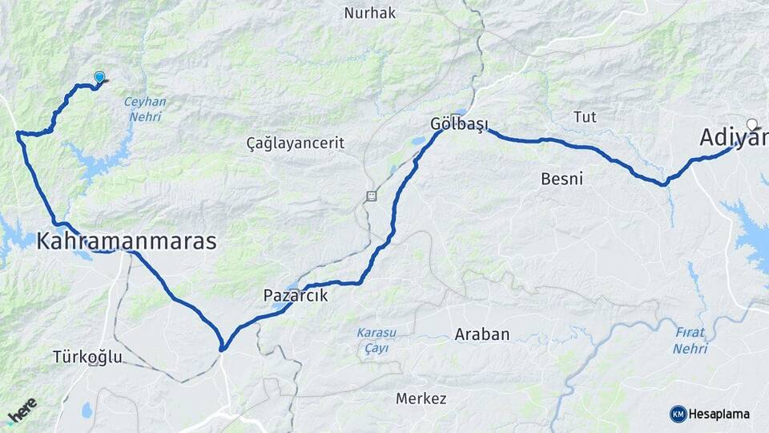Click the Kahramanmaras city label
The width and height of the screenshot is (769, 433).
[x=127, y=241]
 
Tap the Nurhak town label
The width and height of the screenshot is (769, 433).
[x=370, y=13]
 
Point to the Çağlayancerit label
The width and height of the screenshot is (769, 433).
[x=296, y=144]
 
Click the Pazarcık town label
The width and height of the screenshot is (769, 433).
[x=296, y=296]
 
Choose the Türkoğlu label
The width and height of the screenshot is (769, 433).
[x=87, y=357]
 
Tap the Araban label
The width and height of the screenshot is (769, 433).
[x=482, y=334]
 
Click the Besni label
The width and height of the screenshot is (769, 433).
[x=562, y=178]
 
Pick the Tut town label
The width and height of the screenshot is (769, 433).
[x=585, y=117]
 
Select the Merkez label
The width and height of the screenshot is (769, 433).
[x=421, y=399]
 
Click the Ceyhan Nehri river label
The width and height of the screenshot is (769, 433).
[x=145, y=108]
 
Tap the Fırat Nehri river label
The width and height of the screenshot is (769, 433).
[x=690, y=340]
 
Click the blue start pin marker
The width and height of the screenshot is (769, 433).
[x=99, y=77]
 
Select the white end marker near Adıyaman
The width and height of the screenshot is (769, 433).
[x=751, y=124]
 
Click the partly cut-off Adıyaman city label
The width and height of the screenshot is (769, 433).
[x=734, y=138]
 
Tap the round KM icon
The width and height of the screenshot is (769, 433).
[x=678, y=414]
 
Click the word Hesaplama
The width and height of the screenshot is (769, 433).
[x=719, y=415]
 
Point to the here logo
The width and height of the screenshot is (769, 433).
[x=22, y=412]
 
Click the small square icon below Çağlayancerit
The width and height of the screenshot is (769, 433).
[x=371, y=196]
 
